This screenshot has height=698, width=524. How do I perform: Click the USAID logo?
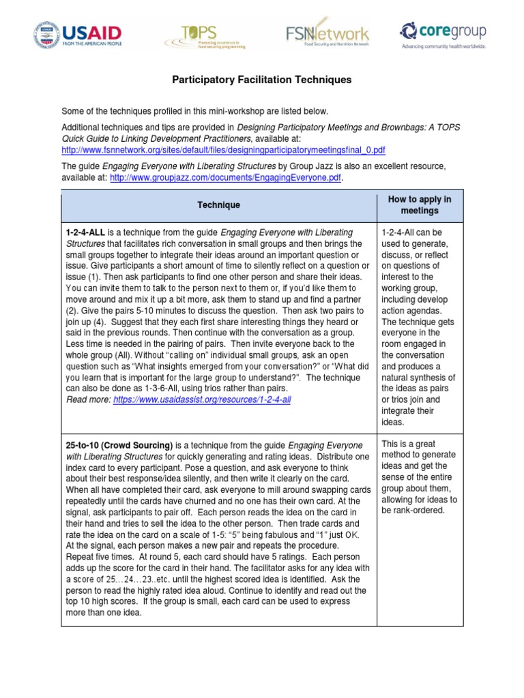pos(77,34)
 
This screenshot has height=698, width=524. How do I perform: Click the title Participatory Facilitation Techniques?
pos(261,80)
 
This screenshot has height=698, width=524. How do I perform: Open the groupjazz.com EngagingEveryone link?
pos(225,178)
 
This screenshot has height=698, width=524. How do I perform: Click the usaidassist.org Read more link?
pos(202,399)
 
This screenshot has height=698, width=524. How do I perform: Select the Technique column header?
pos(218,204)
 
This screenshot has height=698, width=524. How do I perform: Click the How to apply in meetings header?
pos(419,204)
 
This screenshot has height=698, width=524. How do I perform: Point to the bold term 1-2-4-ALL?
pos(85,232)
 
